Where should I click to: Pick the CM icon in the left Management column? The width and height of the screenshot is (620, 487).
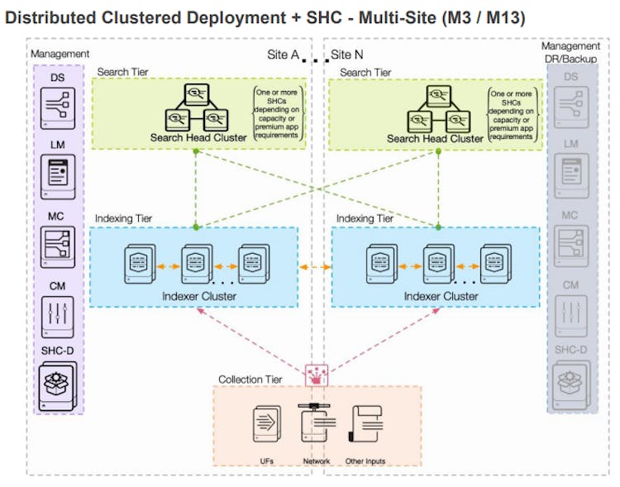[x=58, y=314]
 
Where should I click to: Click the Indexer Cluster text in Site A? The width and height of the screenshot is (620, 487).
[x=198, y=295]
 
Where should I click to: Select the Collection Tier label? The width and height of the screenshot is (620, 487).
[x=250, y=380]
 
